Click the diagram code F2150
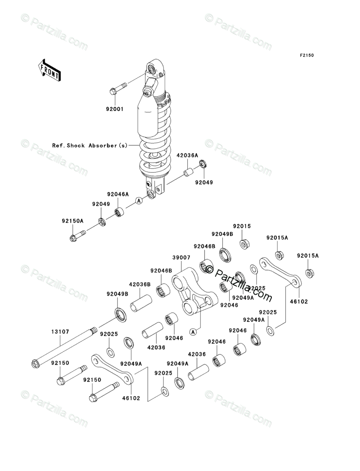[306, 56]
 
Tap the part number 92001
[115, 109]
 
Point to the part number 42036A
[187, 155]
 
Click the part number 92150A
[72, 221]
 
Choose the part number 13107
[60, 332]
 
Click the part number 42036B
[140, 284]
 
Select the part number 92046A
[118, 194]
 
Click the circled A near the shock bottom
[139, 201]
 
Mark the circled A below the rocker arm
[193, 332]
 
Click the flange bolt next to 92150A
[78, 235]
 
